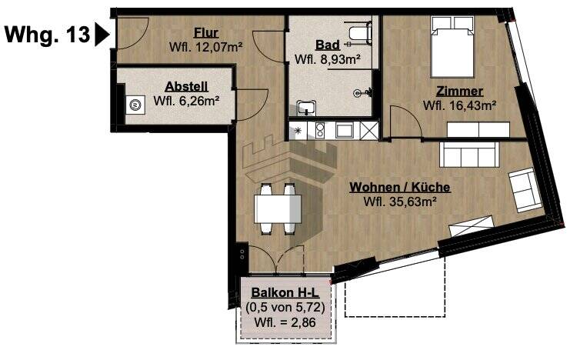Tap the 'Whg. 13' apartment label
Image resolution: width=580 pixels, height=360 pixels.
point(47,35)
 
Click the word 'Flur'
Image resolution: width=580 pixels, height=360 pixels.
point(206,33)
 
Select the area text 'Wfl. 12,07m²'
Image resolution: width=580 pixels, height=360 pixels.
point(206,47)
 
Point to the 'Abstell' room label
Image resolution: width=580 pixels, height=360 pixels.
point(186,87)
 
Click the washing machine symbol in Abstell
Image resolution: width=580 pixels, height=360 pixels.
point(136,105)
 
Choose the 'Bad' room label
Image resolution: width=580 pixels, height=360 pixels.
point(328,45)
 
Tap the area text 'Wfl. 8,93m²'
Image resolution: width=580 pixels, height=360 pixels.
point(328,58)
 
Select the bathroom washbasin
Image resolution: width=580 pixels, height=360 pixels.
point(308,108)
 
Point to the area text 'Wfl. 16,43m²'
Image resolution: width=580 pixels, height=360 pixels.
point(459,105)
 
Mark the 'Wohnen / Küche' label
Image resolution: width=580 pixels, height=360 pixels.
point(399,188)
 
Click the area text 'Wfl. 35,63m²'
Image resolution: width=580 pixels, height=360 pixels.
point(400,202)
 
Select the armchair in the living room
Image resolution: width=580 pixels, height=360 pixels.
point(525,189)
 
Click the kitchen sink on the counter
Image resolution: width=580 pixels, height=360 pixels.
point(343,130)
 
